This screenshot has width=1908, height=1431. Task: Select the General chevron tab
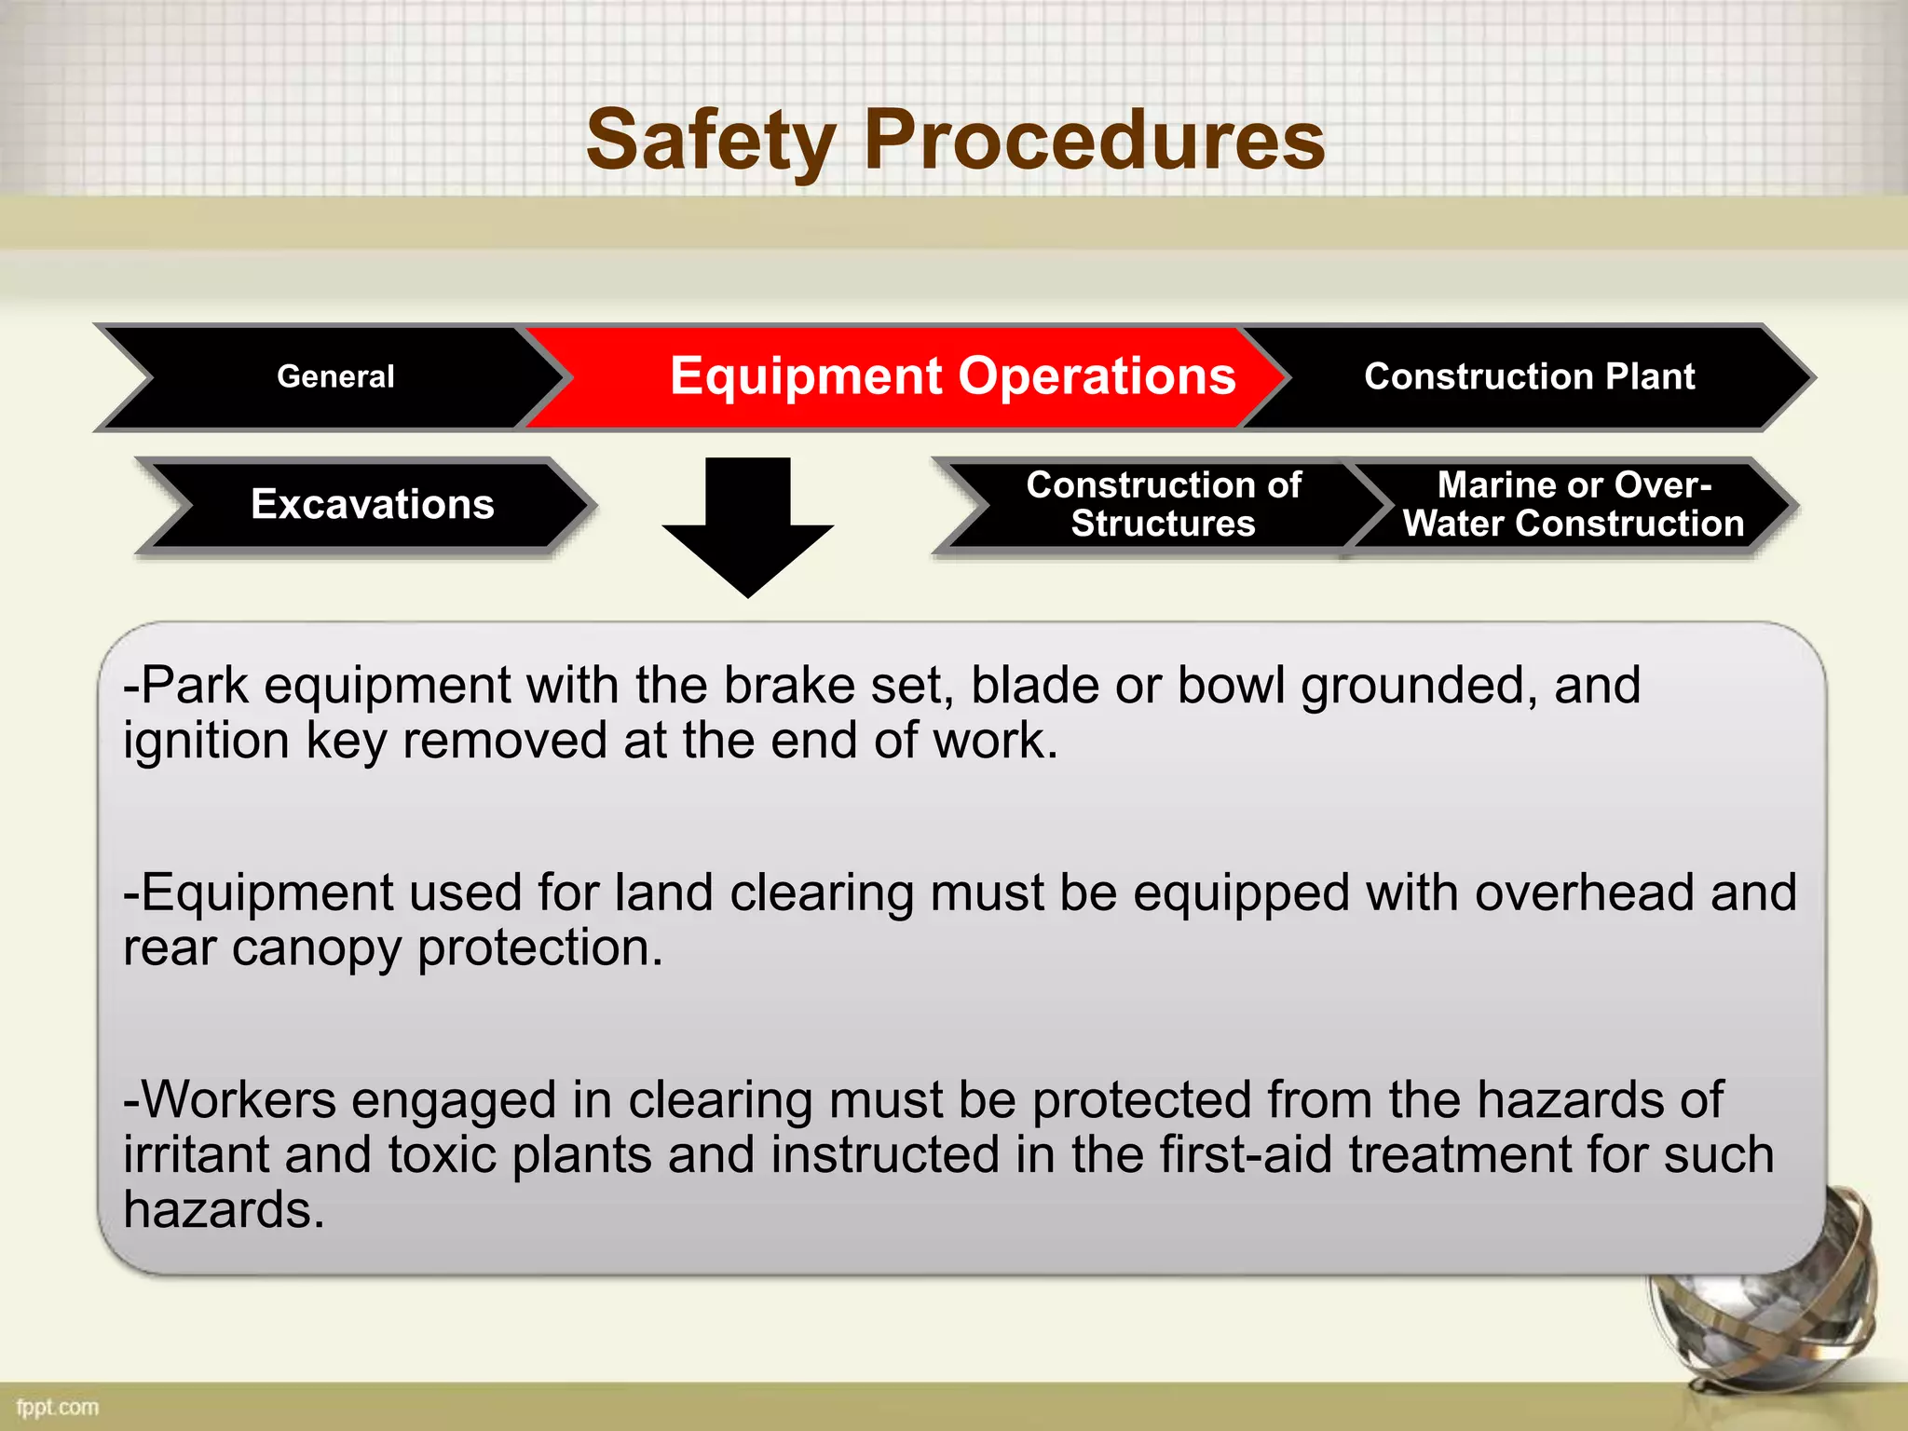[x=335, y=376]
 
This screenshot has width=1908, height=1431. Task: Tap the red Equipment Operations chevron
[x=952, y=376]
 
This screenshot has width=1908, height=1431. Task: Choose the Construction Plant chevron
[x=1529, y=376]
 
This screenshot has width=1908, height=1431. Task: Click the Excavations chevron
[x=372, y=504]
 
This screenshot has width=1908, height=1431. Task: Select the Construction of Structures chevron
[x=1163, y=504]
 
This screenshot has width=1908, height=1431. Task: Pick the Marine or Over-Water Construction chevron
[x=1573, y=504]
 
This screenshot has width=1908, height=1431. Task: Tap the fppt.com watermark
[x=57, y=1407]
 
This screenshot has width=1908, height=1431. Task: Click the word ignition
[x=206, y=742]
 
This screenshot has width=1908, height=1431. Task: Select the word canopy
[x=316, y=948]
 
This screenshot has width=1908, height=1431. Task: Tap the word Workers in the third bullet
[x=238, y=1099]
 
